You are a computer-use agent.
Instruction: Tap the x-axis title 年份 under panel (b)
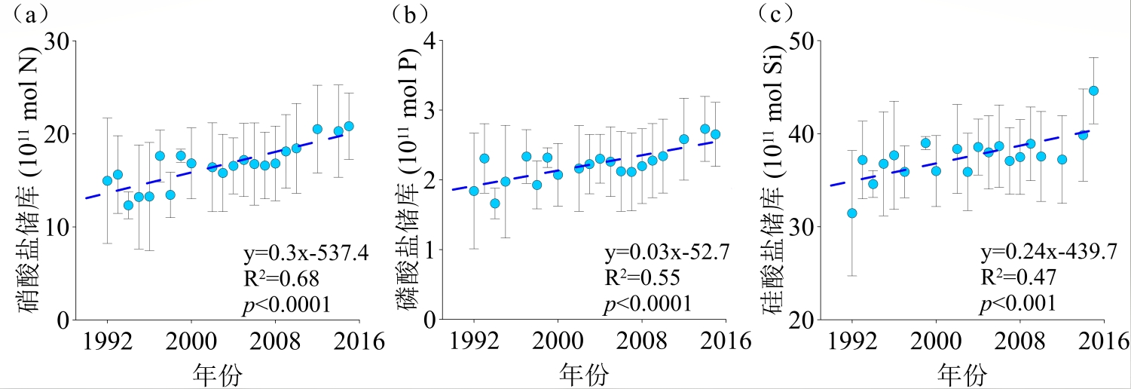point(585,374)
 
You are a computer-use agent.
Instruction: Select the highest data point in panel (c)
point(1093,90)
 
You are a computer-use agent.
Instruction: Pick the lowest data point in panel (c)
point(852,213)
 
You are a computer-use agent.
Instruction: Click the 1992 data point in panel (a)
point(107,181)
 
